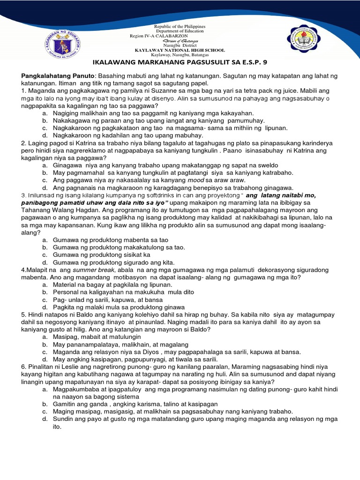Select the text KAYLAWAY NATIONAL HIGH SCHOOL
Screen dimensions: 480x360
pos(180,50)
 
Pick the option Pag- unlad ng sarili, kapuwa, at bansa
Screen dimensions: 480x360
pos(108,300)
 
